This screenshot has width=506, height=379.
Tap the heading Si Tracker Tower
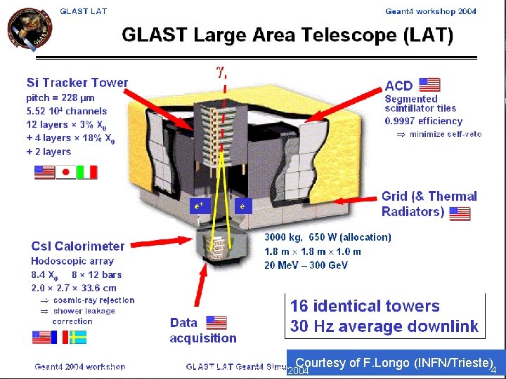77,83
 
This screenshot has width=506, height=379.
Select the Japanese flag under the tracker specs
65,172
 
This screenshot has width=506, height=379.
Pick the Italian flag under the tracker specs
87,172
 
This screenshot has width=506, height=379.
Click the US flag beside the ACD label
429,85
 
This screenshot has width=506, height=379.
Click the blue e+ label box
200,206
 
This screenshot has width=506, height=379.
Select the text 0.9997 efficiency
423,121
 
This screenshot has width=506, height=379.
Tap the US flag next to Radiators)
460,213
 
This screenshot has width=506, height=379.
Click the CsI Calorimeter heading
77,246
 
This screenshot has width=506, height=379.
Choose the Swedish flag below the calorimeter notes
78,337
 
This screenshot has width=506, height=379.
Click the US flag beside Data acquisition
216,322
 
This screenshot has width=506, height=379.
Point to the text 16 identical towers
365,306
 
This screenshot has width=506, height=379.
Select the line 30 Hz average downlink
384,326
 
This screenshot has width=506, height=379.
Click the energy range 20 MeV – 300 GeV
306,265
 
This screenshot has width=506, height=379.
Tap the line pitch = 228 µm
60,98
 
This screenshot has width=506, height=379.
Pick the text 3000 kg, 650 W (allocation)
327,237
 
